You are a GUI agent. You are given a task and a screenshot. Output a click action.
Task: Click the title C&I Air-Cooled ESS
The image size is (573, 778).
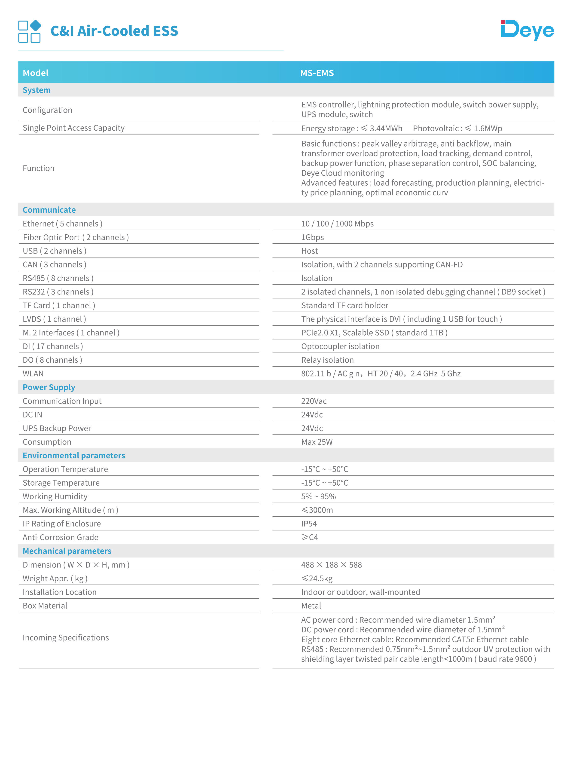click(x=114, y=31)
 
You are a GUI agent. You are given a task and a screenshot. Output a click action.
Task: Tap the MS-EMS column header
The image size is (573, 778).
click(x=317, y=73)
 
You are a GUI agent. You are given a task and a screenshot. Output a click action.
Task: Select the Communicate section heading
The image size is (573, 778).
click(x=49, y=210)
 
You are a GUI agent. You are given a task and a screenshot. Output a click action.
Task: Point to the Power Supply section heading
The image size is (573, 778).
click(x=49, y=387)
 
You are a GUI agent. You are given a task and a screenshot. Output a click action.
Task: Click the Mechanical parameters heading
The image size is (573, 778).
click(x=67, y=551)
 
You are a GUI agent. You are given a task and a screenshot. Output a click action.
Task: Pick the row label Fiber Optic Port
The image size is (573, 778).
click(x=76, y=237)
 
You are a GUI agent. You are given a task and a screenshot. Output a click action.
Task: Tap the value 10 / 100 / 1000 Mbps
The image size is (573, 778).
click(x=337, y=224)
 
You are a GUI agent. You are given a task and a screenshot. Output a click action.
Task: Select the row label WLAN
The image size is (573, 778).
click(x=33, y=374)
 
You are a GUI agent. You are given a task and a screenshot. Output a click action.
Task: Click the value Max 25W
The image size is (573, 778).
click(x=317, y=442)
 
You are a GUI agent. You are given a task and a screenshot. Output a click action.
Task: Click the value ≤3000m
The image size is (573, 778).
click(x=317, y=510)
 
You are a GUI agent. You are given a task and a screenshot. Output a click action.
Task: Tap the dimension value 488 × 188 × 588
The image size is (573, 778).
click(x=331, y=565)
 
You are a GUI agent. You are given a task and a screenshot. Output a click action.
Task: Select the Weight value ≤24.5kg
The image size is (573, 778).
click(x=317, y=579)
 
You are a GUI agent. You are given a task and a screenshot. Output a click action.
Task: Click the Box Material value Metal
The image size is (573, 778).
click(x=311, y=606)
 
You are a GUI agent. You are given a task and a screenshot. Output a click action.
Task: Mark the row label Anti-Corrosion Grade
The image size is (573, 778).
click(x=60, y=538)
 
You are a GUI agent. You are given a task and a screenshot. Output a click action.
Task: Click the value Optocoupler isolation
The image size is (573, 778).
click(x=340, y=346)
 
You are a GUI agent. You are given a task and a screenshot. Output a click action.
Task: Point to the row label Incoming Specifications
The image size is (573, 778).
click(x=66, y=638)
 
